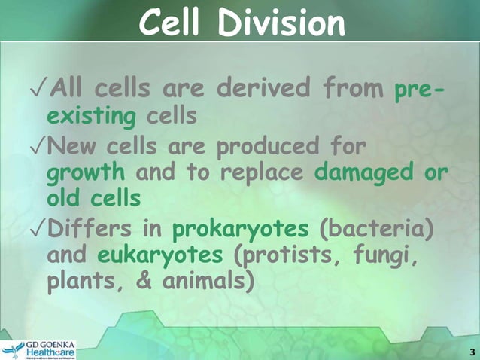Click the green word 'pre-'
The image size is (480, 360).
pos(419,93)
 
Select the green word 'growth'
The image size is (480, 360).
pos(86,172)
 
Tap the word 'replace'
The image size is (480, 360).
pos(257,172)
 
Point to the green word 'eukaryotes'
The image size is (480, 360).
pos(160,255)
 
